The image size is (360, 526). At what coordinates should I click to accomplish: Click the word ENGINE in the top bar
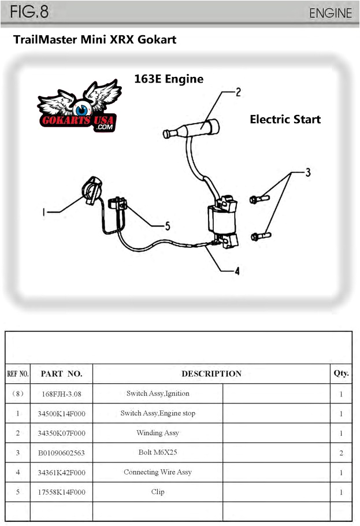[330, 13]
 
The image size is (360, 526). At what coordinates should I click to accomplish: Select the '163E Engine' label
[169, 79]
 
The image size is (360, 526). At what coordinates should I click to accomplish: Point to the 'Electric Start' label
[285, 120]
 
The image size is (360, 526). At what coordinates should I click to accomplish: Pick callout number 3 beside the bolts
[308, 172]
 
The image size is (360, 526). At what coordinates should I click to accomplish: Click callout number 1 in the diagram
[43, 212]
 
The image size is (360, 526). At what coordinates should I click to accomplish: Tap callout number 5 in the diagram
[168, 227]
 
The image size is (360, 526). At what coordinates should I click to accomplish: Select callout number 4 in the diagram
[237, 271]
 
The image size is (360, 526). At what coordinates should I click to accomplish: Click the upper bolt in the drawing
[259, 199]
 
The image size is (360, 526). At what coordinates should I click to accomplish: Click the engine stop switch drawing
[91, 190]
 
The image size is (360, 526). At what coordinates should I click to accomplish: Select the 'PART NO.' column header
[61, 373]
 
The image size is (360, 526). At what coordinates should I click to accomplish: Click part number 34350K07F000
[61, 433]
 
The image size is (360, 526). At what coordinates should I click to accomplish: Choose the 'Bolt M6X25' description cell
[158, 453]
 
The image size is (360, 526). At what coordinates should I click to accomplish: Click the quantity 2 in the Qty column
[341, 453]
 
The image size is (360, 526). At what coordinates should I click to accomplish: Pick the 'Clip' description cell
[158, 492]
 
